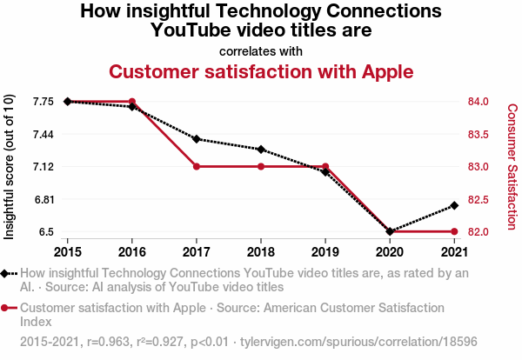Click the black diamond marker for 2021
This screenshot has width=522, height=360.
(453, 205)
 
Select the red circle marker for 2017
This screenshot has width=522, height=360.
(197, 166)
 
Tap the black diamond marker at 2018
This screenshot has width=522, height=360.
(261, 150)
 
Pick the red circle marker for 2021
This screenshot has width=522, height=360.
(453, 231)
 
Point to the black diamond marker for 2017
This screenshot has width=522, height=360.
(197, 139)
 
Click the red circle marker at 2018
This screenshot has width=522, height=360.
(261, 166)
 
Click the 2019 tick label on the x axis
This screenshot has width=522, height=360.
(325, 252)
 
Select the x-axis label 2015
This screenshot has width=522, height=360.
(68, 252)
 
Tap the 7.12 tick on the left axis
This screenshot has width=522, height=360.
(42, 166)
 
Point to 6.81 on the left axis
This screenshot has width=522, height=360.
(42, 199)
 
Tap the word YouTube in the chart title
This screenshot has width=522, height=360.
(191, 30)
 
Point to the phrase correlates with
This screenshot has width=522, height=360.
(261, 50)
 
